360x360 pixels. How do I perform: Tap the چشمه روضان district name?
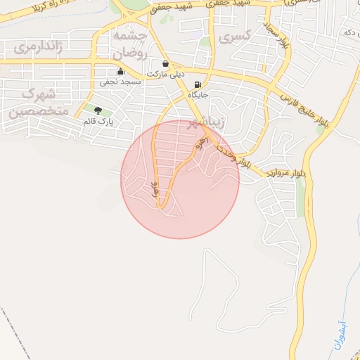point(129,43)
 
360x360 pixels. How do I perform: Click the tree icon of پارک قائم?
point(98,110)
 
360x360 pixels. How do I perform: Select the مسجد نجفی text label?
point(120,82)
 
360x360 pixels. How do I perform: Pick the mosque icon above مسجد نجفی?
point(120,70)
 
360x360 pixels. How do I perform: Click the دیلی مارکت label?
point(166,74)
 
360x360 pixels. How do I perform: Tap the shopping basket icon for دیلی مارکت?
point(165,63)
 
